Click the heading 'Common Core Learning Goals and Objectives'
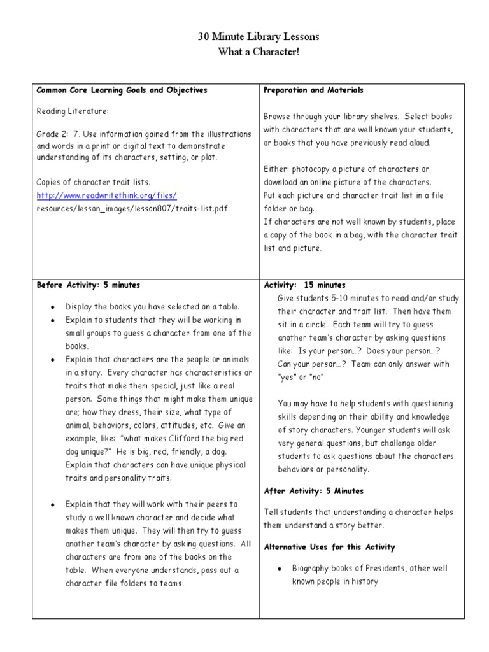(x=122, y=90)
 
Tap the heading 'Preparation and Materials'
(x=313, y=90)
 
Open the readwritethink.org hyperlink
(x=106, y=195)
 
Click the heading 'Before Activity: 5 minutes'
(x=89, y=285)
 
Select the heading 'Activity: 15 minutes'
(x=304, y=285)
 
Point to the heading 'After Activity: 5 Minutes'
(x=313, y=491)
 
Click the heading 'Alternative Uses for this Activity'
(x=329, y=547)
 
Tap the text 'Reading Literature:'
(x=73, y=111)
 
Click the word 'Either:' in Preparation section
(x=276, y=169)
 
